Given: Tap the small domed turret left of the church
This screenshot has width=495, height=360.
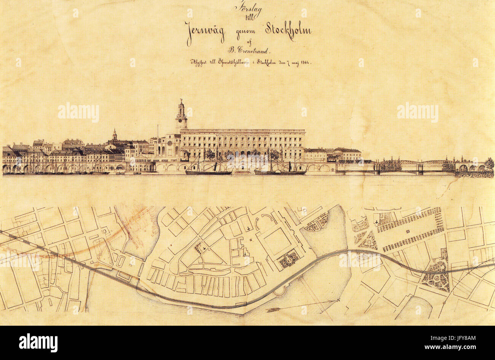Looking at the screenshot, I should tap(115, 134).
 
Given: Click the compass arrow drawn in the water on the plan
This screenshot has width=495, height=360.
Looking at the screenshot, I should tap(301, 306).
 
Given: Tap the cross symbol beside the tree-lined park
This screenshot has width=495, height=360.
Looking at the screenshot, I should tap(376, 222).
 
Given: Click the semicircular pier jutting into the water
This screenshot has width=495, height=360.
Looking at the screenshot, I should tap(280, 292).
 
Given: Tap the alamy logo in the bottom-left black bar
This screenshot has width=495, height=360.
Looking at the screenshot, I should tap(38, 342).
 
